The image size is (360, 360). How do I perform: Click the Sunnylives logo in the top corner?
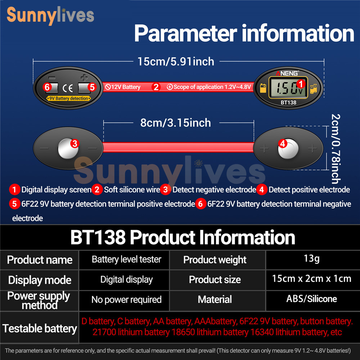coord(50,15)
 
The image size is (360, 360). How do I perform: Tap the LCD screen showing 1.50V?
coord(288,87)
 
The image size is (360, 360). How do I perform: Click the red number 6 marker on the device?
coord(47,87)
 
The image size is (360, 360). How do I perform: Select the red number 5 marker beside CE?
coord(92,87)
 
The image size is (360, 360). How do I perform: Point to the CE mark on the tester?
coord(68,88)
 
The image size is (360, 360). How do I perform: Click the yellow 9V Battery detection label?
coord(69,99)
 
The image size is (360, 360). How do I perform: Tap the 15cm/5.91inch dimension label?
coord(176,62)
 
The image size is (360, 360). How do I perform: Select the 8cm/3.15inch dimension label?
coord(176,123)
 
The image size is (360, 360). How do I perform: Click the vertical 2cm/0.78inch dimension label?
coord(336,149)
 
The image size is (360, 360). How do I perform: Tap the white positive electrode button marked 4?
coord(288,149)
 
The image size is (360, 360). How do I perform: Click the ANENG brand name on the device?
coord(287,73)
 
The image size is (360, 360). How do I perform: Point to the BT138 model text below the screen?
coord(288,103)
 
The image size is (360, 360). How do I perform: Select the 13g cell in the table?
coord(311,258)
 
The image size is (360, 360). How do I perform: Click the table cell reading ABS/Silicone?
coord(311,299)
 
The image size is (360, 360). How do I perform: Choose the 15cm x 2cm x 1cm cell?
coord(311,279)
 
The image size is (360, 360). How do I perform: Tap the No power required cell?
coord(126,300)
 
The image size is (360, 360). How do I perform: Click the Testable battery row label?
coord(40,328)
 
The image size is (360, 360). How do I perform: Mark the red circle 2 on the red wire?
coord(156,87)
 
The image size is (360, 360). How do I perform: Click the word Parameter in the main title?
coord(185,33)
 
